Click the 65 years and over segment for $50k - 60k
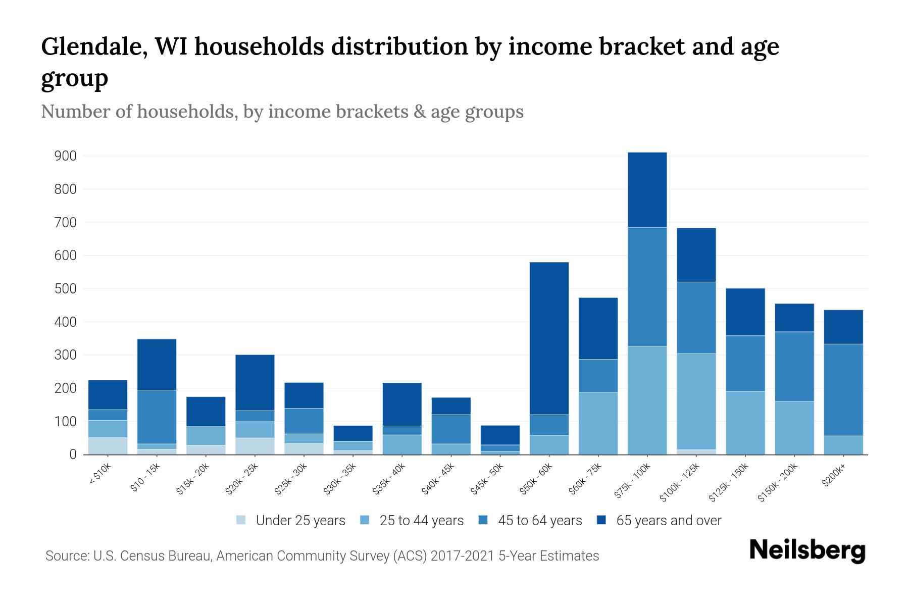tap(549, 338)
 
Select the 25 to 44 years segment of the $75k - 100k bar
tap(647, 400)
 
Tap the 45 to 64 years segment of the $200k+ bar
tap(843, 390)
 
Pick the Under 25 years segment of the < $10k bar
tap(108, 446)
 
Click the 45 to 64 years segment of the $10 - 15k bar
tap(157, 417)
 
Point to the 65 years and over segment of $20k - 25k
tap(255, 383)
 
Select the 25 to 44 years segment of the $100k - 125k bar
tap(696, 401)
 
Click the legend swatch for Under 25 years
tap(241, 520)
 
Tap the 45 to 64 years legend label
tap(539, 521)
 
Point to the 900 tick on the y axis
tap(65, 156)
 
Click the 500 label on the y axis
tap(65, 289)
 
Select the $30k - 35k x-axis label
tap(340, 478)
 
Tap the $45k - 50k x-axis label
tap(487, 478)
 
